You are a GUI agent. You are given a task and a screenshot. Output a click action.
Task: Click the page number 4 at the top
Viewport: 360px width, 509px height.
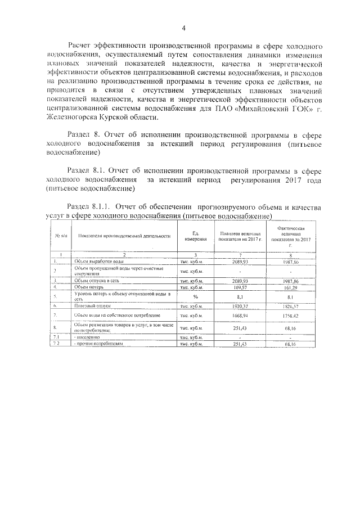click(183, 29)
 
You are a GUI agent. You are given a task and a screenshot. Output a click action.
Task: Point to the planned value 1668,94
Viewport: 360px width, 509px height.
click(240, 316)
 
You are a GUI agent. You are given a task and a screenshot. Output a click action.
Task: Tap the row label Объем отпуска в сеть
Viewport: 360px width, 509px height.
click(98, 280)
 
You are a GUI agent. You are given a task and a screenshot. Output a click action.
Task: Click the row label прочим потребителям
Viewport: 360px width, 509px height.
click(98, 343)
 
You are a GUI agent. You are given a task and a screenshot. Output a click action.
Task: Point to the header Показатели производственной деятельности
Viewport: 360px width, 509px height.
click(120, 236)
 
